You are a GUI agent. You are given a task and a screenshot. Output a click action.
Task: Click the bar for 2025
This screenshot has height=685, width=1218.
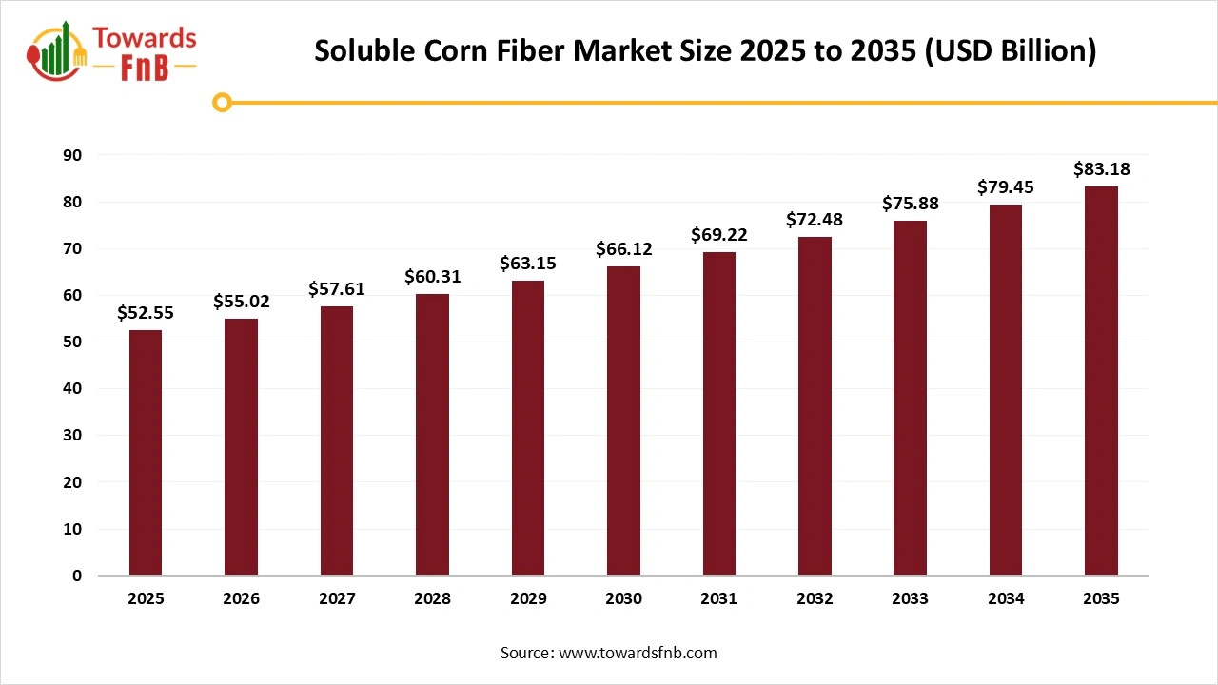pyautogui.click(x=146, y=453)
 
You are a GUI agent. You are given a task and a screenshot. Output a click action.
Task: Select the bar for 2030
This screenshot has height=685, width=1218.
pyautogui.click(x=623, y=421)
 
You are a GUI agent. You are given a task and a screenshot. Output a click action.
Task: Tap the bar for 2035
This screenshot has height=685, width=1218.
pyautogui.click(x=1101, y=381)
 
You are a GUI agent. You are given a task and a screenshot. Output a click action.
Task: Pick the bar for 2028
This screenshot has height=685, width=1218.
pyautogui.click(x=432, y=435)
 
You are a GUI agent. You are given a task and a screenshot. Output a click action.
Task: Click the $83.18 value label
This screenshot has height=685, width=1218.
pyautogui.click(x=1101, y=169)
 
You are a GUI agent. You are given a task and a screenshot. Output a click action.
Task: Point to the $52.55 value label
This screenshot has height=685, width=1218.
pyautogui.click(x=146, y=312)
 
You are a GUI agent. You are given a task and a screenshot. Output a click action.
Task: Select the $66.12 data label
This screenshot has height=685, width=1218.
pyautogui.click(x=623, y=249)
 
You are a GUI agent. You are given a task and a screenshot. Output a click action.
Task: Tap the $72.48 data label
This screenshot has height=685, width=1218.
pyautogui.click(x=815, y=220)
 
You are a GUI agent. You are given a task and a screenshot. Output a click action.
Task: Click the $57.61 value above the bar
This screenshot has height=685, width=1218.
pyautogui.click(x=337, y=289)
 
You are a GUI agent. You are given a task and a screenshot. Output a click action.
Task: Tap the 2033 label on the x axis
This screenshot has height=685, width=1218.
pyautogui.click(x=910, y=599)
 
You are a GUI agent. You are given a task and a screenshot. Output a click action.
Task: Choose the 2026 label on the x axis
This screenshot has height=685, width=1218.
pyautogui.click(x=241, y=599)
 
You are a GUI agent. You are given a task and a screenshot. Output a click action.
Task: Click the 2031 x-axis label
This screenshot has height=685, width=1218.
pyautogui.click(x=718, y=599)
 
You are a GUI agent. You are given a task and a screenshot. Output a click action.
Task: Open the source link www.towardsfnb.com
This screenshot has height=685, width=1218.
pyautogui.click(x=637, y=653)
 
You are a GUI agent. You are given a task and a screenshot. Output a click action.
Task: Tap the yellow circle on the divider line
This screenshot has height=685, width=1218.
pyautogui.click(x=222, y=102)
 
